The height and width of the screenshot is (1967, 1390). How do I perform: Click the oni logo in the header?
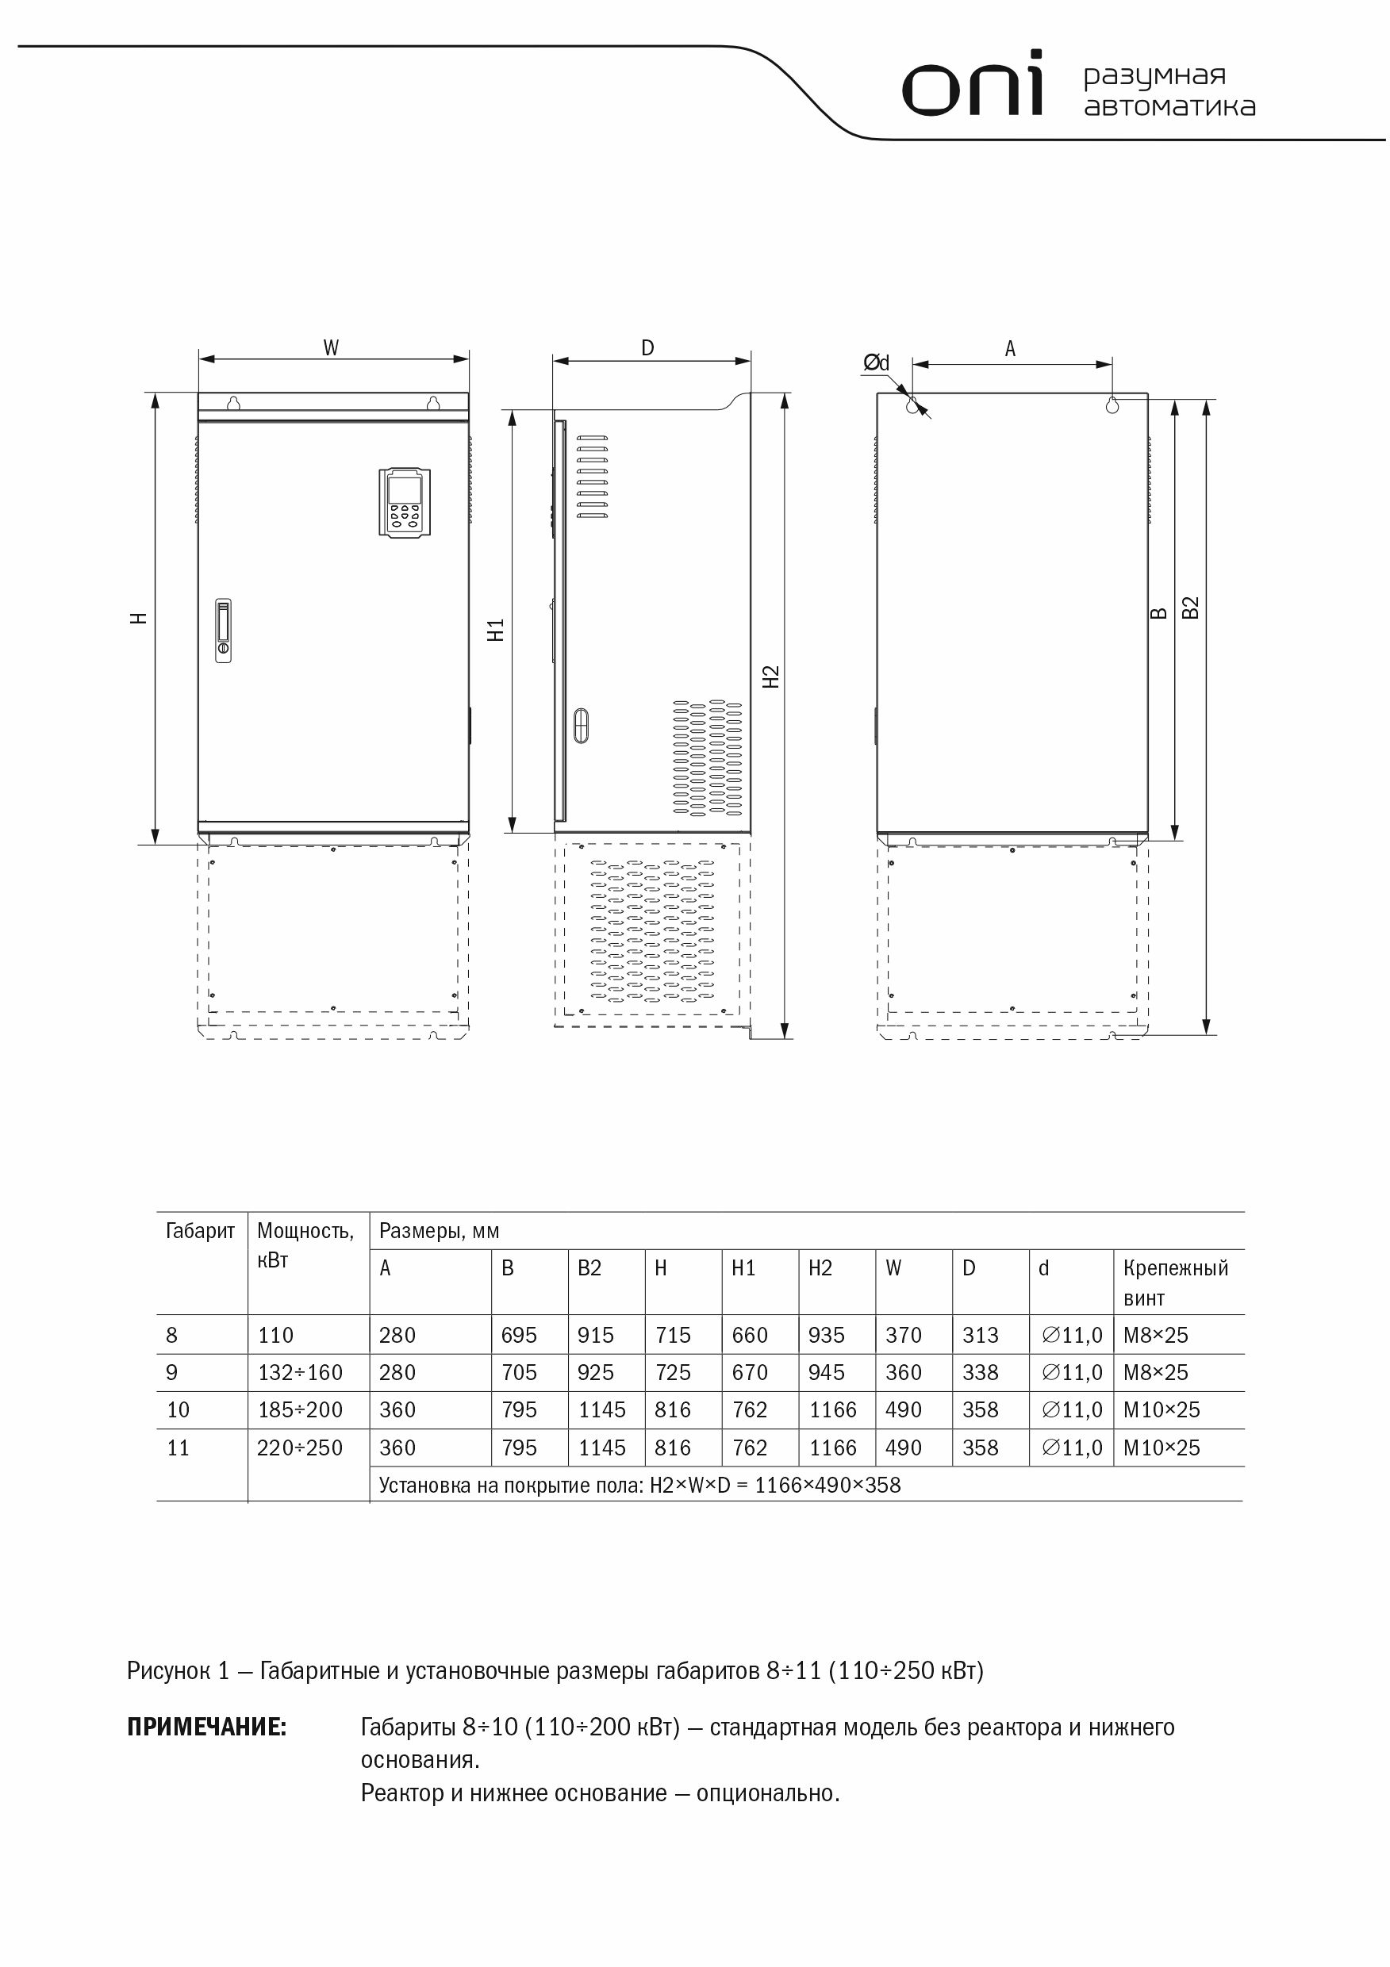(x=972, y=85)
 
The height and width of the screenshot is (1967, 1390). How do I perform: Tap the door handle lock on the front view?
(x=224, y=631)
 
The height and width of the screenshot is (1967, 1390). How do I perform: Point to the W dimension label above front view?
(x=331, y=348)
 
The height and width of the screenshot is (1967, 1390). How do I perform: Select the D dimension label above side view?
(x=648, y=348)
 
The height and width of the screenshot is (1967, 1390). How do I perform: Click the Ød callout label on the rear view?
(x=876, y=363)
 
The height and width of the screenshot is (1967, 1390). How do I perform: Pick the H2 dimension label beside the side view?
(x=770, y=677)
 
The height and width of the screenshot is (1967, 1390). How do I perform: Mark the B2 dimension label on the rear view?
(x=1190, y=608)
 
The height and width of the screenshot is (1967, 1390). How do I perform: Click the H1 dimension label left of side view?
(x=496, y=630)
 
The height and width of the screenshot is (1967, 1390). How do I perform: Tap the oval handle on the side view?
(x=581, y=724)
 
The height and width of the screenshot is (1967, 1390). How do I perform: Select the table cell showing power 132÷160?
(x=300, y=1372)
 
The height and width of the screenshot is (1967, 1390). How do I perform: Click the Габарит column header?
(x=200, y=1231)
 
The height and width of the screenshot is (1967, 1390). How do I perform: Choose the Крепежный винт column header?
(x=1175, y=1283)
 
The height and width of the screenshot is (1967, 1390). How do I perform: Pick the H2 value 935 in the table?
(x=826, y=1335)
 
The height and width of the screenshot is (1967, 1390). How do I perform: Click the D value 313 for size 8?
(x=981, y=1335)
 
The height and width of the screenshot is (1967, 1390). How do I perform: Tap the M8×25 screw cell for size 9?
(x=1155, y=1372)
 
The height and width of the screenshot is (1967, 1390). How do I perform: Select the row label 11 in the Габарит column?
(x=179, y=1447)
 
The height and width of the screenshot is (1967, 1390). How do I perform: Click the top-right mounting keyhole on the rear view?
(x=1112, y=405)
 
